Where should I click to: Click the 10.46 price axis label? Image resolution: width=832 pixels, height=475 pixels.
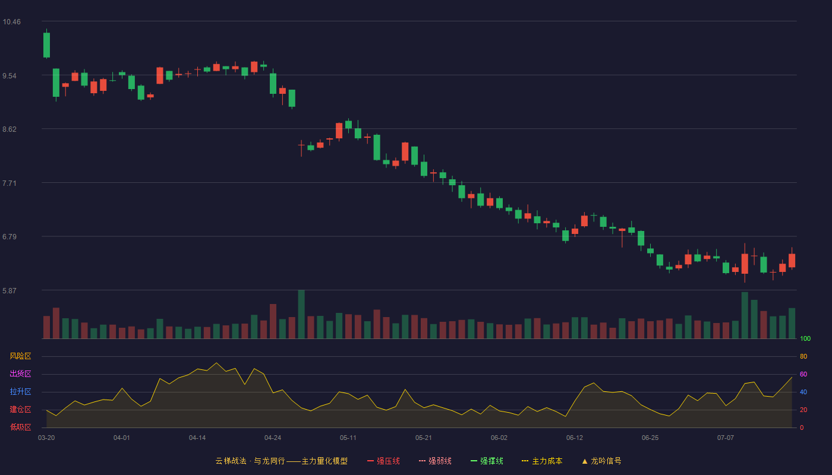point(11,22)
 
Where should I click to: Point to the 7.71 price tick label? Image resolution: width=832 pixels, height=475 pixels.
point(10,183)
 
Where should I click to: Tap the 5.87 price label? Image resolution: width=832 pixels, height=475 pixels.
point(10,291)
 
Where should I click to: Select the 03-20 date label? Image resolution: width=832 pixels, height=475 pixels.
point(46,438)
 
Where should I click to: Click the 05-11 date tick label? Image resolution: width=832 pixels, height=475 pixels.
point(348,438)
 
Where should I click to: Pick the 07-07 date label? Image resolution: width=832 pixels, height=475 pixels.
point(726,438)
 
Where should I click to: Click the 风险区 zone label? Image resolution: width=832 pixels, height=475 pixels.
point(20,356)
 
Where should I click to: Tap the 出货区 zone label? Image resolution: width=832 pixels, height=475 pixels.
point(20,373)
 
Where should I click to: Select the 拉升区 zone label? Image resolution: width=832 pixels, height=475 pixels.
point(20,391)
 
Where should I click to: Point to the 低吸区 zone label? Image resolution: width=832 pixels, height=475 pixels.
point(20,427)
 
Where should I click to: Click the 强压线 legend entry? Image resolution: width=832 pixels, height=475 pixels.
point(383,461)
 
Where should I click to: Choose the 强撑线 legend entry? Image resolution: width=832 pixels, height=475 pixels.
point(487,461)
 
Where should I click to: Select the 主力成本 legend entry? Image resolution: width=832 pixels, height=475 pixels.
point(542,461)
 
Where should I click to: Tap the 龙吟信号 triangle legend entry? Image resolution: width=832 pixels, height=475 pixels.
point(601,461)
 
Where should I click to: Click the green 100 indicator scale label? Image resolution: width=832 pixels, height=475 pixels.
point(805,338)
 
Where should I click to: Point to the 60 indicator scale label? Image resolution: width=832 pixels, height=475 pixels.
point(803,374)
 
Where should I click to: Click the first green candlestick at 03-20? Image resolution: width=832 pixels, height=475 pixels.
point(46,45)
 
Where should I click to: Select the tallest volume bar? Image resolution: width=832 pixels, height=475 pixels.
point(301,314)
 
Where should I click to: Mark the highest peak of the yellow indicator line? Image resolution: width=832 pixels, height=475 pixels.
point(216,363)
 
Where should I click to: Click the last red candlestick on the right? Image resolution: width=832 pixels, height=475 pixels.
point(792,261)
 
